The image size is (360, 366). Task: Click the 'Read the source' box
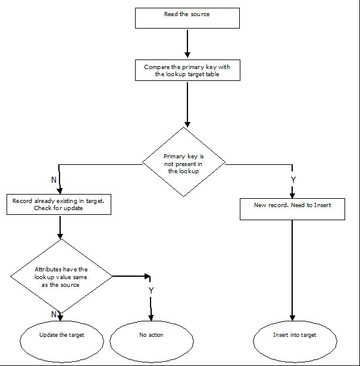tap(187, 18)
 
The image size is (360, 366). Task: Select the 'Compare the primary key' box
tap(187, 71)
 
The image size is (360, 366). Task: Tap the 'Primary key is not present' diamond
tap(184, 161)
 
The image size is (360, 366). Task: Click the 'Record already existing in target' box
tap(58, 205)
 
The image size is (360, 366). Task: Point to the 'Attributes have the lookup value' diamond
tap(61, 277)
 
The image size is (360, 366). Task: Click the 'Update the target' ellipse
tap(61, 339)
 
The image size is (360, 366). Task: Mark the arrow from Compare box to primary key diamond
tap(187, 104)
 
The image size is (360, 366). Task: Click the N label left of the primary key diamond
tap(54, 179)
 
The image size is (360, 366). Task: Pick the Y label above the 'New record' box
tap(292, 179)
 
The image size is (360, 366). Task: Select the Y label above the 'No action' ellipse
tap(151, 290)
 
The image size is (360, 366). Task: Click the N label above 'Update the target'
tap(54, 314)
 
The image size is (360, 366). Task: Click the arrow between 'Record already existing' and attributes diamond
tap(60, 227)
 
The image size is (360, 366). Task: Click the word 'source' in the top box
tap(200, 14)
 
